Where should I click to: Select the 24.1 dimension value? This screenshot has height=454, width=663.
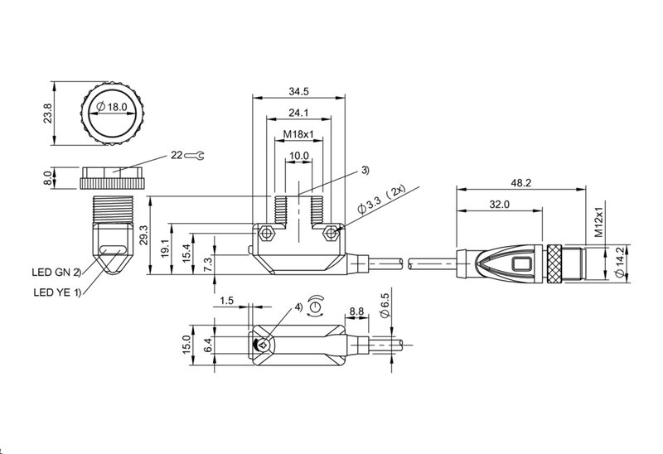[x=298, y=113]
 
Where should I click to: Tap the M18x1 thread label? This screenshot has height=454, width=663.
[x=298, y=134]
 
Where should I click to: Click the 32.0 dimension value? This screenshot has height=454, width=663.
[x=501, y=203]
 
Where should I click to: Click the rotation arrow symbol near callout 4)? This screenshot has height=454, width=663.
[x=316, y=306]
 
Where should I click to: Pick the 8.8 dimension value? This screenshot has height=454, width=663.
[x=357, y=312]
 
